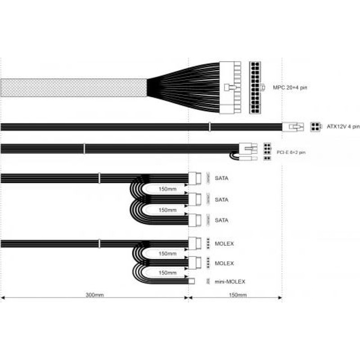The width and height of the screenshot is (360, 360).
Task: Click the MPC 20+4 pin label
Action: [290, 87]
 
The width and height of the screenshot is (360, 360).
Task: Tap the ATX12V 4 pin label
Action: [343, 126]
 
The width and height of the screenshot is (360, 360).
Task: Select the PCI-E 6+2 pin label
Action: [291, 152]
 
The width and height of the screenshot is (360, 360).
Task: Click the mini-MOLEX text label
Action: [230, 282]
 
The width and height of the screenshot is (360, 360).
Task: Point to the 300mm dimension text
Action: [94, 295]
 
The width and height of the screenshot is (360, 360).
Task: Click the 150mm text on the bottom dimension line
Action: [238, 295]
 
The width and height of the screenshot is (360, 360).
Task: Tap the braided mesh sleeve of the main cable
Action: [74, 88]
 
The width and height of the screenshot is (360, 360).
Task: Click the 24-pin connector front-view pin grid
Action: [255, 87]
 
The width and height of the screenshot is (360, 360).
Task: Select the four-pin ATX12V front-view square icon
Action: [315, 127]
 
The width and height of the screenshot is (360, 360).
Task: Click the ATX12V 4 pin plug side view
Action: [293, 127]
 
